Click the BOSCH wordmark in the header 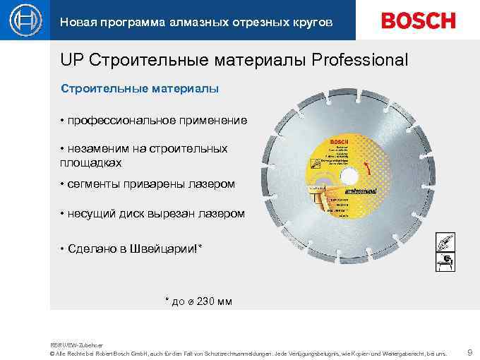[418, 21]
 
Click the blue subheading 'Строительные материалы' [140, 89]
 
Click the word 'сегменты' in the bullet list [92, 184]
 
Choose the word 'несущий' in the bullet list [90, 213]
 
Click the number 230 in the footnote [204, 301]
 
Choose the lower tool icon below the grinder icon [445, 263]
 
